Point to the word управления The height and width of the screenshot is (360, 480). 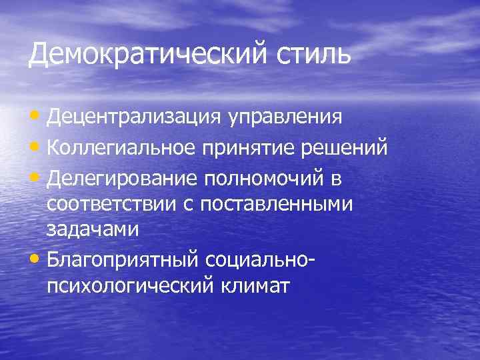click(287, 119)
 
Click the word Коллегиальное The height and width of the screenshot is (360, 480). click(123, 147)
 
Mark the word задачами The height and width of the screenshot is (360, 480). click(92, 229)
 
